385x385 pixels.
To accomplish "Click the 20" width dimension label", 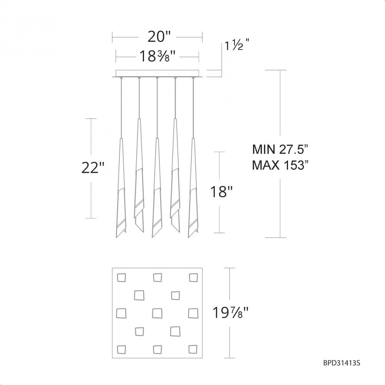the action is tap(159, 37).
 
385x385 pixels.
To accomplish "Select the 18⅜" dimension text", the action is tap(157, 57).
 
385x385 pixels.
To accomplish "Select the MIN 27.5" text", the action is tap(280, 149).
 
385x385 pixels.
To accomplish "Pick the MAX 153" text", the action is tap(280, 165).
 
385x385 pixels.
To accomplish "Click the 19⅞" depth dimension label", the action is tap(231, 313).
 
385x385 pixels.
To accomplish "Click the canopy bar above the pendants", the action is tap(157, 73).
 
